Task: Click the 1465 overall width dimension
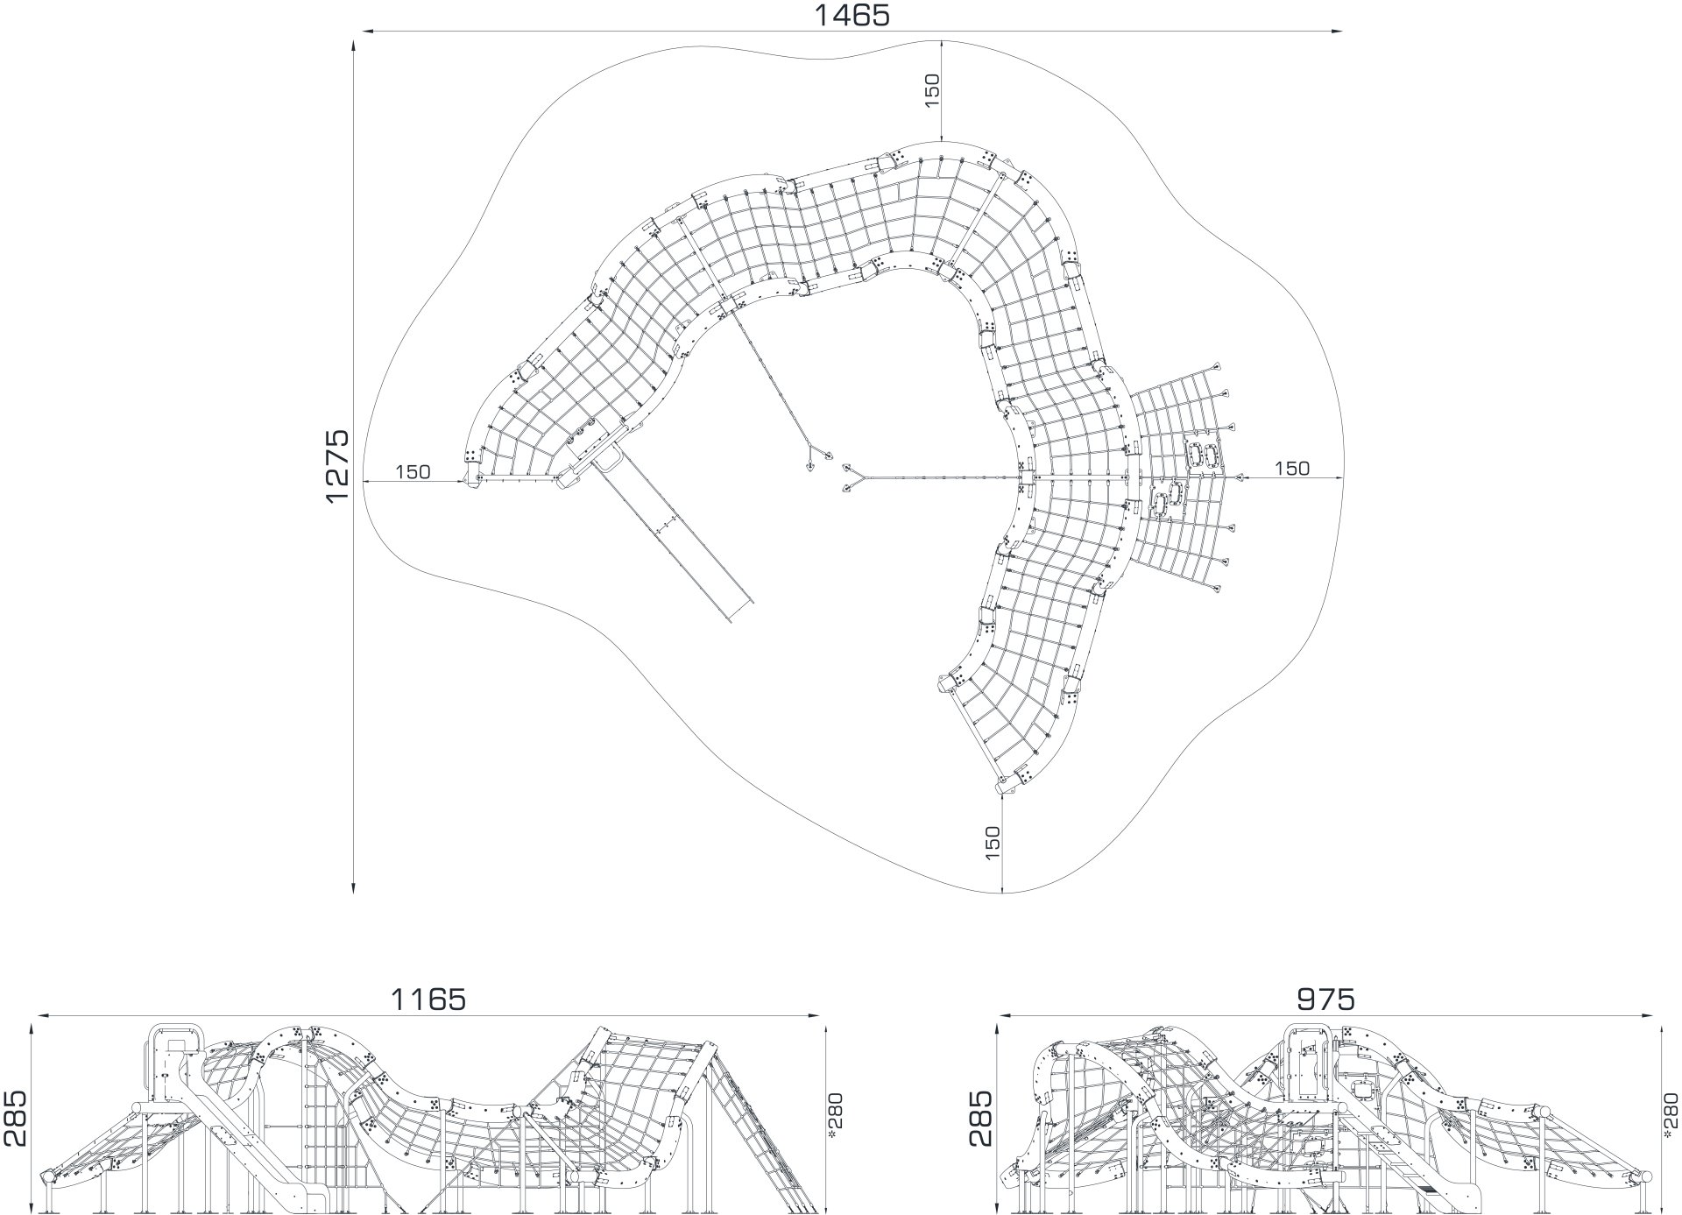pyautogui.click(x=852, y=15)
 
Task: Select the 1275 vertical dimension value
pyautogui.click(x=337, y=465)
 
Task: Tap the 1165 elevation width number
pyautogui.click(x=428, y=1000)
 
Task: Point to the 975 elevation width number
pyautogui.click(x=1325, y=1000)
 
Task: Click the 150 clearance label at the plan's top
pyautogui.click(x=931, y=91)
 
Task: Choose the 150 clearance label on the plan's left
pyautogui.click(x=413, y=472)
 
